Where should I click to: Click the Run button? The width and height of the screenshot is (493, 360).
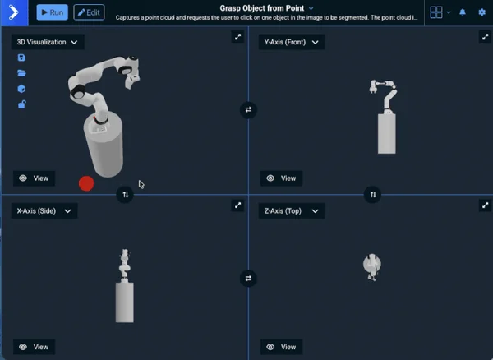tap(52, 12)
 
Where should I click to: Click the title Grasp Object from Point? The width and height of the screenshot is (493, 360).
tap(262, 7)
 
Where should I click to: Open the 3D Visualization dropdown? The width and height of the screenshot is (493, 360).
tap(48, 42)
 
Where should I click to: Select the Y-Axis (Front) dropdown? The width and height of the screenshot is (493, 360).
tap(291, 42)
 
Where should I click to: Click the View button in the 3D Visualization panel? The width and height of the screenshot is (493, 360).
tap(34, 178)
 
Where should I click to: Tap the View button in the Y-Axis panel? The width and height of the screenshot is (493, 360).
tap(281, 178)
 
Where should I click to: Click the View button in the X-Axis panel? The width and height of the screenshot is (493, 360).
tap(34, 347)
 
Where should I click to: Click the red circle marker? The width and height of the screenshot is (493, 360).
tap(85, 183)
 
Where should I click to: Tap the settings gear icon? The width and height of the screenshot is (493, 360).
tap(482, 12)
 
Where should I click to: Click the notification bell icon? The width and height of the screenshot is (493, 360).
tap(463, 12)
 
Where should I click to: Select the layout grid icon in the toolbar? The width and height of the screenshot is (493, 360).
tap(436, 12)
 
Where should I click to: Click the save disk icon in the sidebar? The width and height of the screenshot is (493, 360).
tap(21, 58)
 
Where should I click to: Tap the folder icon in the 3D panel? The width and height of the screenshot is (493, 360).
tap(21, 73)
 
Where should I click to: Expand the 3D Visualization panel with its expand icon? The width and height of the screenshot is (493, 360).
tap(237, 36)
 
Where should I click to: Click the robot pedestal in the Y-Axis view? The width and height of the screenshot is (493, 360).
tap(387, 132)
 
